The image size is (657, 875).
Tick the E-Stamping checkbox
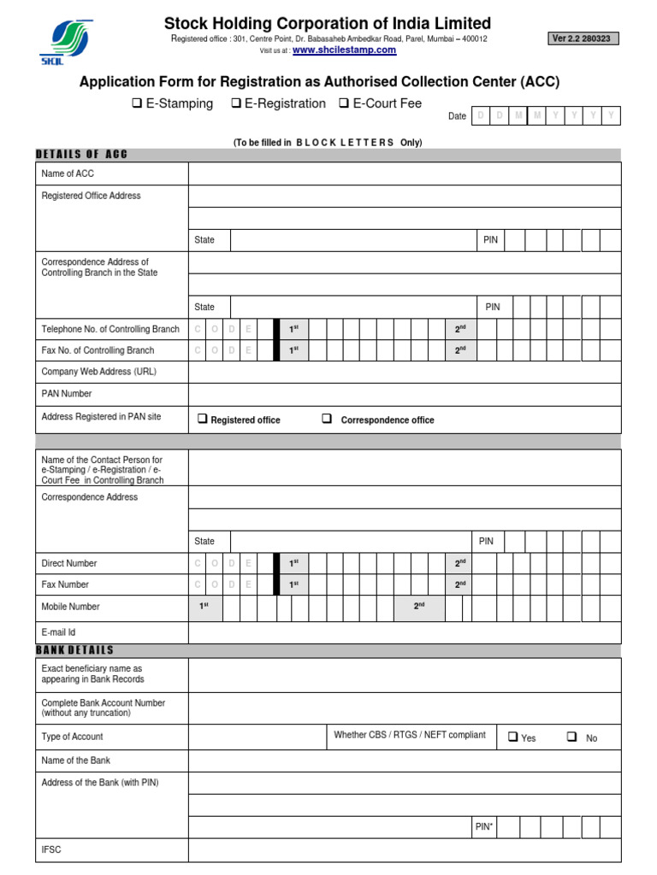pos(136,103)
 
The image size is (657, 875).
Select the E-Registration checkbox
pos(235,103)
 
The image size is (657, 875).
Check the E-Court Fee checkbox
pos(344,103)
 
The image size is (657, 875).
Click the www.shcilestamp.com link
pos(344,50)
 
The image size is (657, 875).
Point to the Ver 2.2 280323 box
pos(583,38)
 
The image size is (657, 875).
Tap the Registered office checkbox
pos(203,419)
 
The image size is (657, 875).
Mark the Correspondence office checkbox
pos(327,419)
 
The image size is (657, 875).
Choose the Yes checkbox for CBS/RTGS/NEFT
pos(513,737)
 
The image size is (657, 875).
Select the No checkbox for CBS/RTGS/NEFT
pos(571,737)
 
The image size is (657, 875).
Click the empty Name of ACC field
pos(404,173)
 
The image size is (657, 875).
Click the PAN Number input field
pos(404,394)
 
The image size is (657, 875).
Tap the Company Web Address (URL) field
pos(404,372)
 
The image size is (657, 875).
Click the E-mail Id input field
pos(404,632)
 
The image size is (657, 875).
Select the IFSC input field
pos(404,850)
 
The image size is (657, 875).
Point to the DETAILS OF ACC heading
pos(81,154)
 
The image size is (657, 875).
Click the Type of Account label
pos(72,737)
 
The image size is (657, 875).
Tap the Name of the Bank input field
pos(404,760)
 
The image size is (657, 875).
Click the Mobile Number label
pos(70,607)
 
